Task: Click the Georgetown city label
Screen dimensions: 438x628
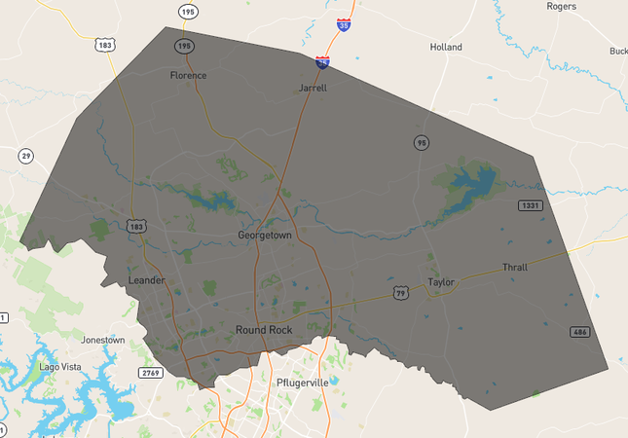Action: coord(265,236)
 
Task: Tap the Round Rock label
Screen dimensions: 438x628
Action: coord(264,330)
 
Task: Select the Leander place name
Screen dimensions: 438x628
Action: coord(147,281)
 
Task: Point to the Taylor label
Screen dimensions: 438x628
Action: coord(441,282)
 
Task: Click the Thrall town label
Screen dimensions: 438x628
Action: coord(514,267)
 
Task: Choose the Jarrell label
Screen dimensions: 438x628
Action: coord(312,88)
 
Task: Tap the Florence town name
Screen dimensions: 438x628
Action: coord(188,75)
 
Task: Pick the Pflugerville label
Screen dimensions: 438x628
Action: coord(305,382)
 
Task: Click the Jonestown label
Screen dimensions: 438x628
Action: coord(103,341)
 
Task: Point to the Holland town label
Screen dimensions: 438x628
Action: coord(446,47)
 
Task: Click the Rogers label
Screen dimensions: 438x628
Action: coord(562,6)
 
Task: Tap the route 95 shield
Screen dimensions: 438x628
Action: coord(421,143)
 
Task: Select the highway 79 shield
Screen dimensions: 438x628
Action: coord(400,292)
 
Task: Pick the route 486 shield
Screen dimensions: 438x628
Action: coord(580,332)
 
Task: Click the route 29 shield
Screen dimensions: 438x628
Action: coord(25,156)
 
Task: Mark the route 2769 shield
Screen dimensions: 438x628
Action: coord(150,373)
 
